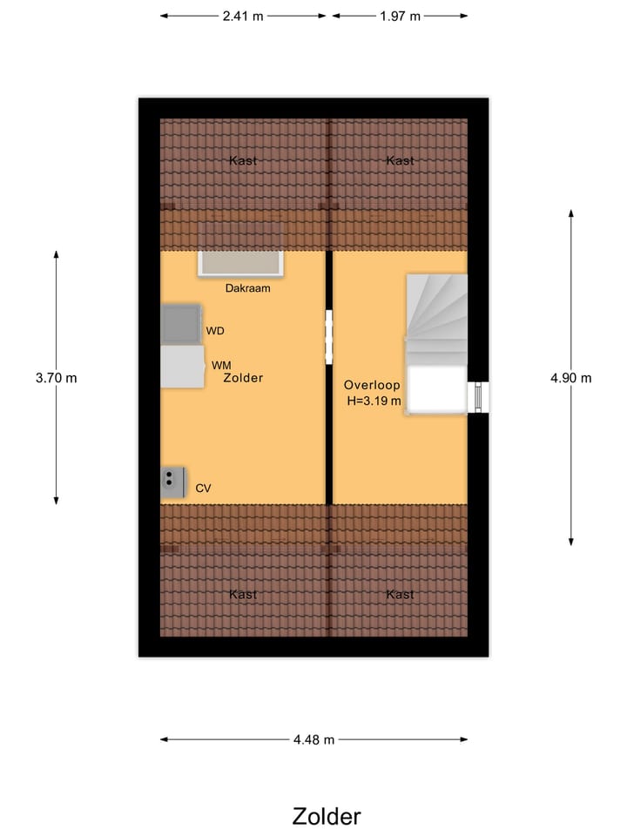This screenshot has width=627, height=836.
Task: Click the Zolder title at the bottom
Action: [326, 816]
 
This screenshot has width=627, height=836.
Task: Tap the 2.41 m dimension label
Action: [243, 16]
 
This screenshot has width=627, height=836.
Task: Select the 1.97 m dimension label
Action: [400, 16]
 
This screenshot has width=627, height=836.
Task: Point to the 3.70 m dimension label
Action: [56, 378]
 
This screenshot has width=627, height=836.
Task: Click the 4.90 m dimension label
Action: [570, 378]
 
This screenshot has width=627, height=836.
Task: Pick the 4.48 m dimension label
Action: [313, 740]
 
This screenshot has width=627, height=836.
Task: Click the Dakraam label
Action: [247, 288]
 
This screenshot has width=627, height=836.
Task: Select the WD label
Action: [215, 331]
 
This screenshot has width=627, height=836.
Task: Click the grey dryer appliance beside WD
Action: [181, 324]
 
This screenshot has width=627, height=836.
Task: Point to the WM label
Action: [221, 365]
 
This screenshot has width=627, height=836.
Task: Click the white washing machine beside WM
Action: [182, 367]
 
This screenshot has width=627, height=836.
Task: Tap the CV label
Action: [204, 489]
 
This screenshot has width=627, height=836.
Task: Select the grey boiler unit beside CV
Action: [172, 482]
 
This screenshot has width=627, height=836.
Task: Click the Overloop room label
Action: [372, 385]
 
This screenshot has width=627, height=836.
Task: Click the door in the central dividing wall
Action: [329, 337]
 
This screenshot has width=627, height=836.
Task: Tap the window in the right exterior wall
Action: [479, 397]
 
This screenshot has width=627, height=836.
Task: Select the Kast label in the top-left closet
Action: [243, 160]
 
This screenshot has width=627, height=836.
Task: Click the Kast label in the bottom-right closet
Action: [400, 594]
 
